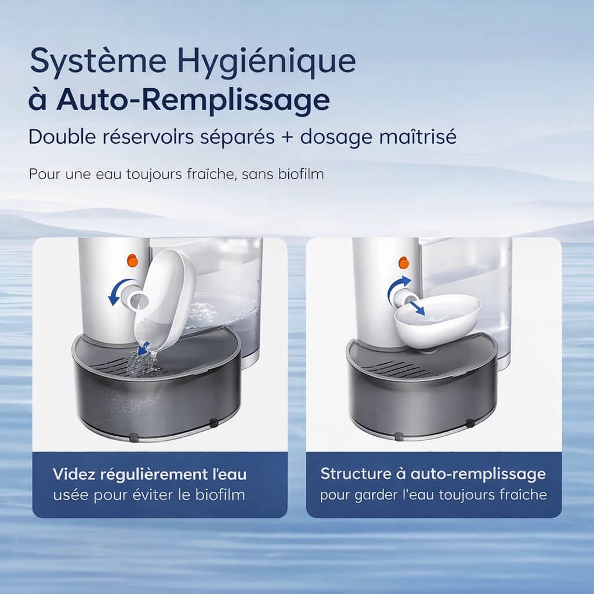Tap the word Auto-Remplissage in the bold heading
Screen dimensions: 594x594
193,100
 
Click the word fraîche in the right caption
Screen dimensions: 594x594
525,495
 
